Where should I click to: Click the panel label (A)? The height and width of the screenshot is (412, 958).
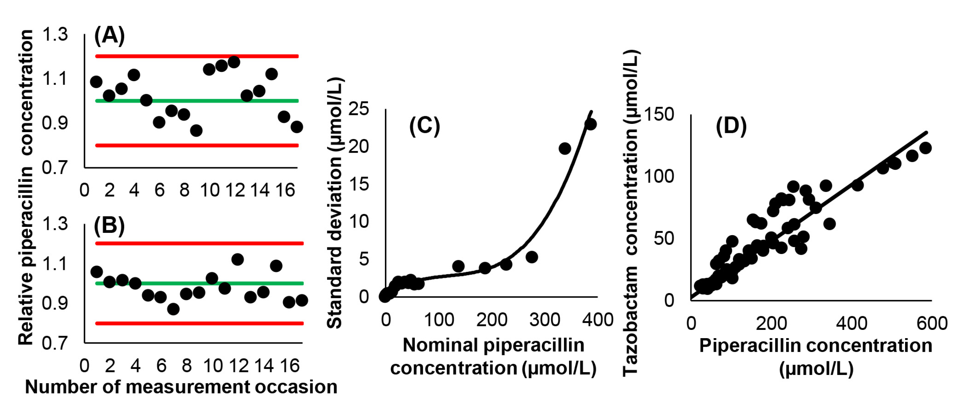109,36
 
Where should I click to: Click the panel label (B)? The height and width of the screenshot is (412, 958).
109,226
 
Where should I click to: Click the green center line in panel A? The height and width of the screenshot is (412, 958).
197,100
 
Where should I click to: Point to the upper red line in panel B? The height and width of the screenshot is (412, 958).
199,243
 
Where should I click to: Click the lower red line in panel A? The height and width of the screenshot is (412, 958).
197,145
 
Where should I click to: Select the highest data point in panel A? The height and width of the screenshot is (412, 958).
234,62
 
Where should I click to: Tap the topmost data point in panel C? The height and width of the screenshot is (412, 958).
590,124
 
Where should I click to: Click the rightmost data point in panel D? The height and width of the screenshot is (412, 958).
925,148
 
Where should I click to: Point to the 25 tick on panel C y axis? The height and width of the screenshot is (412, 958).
359,109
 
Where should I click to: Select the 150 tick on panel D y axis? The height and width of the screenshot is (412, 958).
659,114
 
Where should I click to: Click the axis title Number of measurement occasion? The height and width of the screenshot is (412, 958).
181,387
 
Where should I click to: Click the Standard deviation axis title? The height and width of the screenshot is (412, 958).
334,203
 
